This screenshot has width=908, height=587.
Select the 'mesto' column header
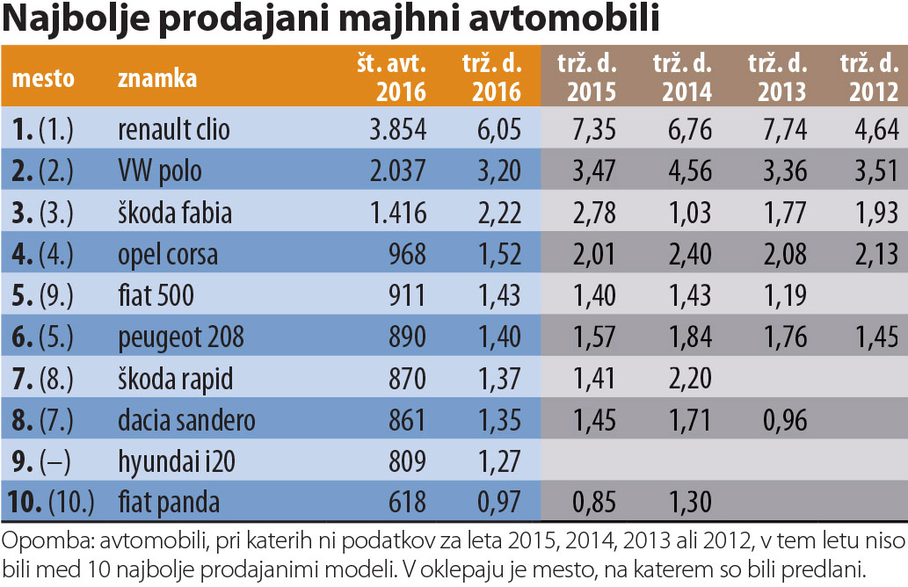point(43,78)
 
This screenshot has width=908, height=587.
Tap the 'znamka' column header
point(157,78)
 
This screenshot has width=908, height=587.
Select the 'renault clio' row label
point(173,129)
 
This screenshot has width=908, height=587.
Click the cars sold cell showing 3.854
point(397,129)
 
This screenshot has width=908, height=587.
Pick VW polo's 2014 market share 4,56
point(687,170)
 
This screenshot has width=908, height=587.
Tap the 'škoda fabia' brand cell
point(174,213)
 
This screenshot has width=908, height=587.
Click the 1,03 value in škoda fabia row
point(687,213)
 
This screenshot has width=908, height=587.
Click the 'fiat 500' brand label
point(156,295)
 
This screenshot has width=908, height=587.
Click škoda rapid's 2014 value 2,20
point(687,379)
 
